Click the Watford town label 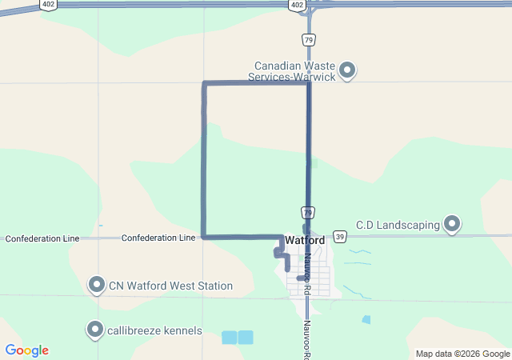305,240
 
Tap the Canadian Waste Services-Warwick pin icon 347,71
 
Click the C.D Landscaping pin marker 453,224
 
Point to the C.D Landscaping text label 398,225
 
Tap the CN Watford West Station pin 97,285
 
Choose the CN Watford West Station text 171,286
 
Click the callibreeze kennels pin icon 96,330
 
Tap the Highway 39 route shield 340,237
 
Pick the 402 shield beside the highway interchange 297,5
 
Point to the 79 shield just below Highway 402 309,39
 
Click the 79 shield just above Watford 309,212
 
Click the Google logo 27,350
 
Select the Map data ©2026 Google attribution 462,354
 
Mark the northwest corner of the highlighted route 205,83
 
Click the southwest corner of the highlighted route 205,237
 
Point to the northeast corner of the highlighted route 308,83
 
